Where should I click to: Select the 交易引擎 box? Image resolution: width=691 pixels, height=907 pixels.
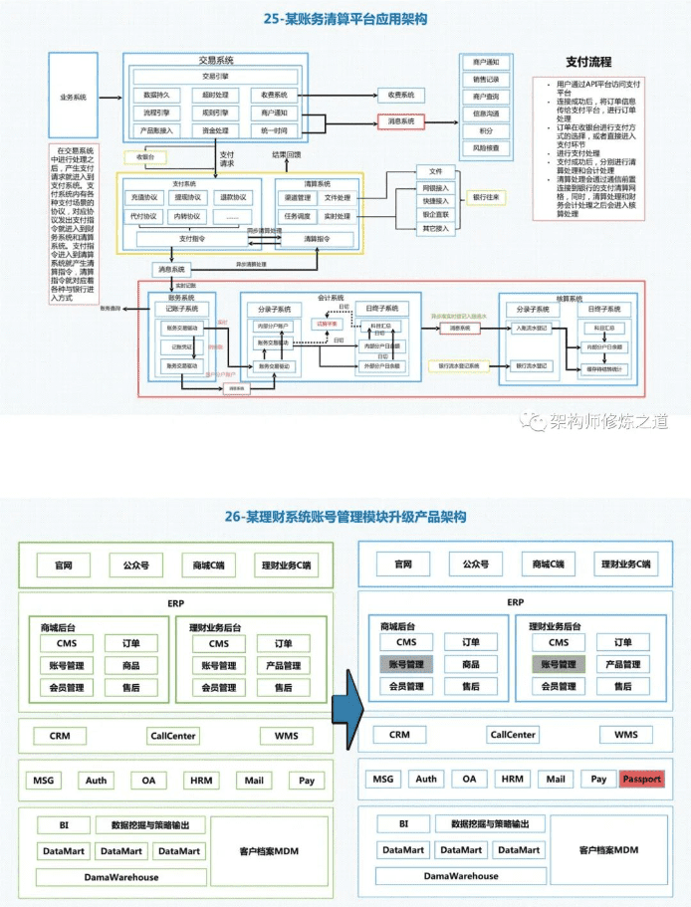tap(216, 76)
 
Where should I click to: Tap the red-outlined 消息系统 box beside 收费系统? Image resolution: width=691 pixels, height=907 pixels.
tap(402, 120)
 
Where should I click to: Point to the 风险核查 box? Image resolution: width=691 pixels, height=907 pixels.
tap(486, 147)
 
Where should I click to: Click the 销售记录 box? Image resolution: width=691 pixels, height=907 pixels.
tap(486, 79)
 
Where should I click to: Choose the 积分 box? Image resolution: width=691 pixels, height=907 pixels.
tap(486, 130)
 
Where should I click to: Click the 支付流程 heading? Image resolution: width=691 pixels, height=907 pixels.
tap(588, 63)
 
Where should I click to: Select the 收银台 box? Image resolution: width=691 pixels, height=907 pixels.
tap(144, 157)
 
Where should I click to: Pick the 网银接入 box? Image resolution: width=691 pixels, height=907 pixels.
tap(435, 187)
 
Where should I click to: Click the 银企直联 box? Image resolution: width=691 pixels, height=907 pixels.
tap(435, 214)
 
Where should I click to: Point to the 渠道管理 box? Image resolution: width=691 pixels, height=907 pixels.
tap(298, 197)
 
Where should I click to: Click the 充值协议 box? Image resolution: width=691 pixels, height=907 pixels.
tap(144, 197)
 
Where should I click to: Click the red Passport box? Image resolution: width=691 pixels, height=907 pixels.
tap(641, 780)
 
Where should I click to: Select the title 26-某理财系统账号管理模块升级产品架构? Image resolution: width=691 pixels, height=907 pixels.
tap(345, 517)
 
